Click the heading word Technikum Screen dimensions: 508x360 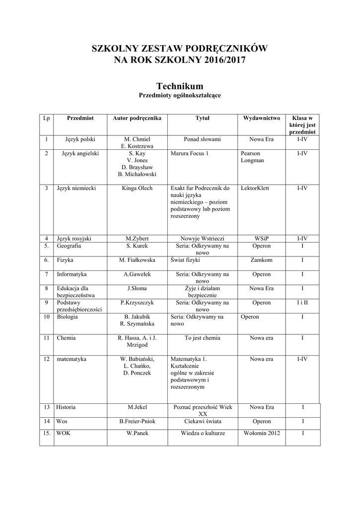point(180,86)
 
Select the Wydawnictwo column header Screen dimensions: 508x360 point(261,118)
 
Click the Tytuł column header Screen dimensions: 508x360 point(202,118)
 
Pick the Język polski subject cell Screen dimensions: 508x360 point(80,139)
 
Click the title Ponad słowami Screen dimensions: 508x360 point(202,139)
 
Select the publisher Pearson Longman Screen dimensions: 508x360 point(252,157)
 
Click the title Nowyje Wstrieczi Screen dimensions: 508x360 point(202,238)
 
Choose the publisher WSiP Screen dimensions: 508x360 point(261,238)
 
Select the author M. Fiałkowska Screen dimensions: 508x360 point(137,259)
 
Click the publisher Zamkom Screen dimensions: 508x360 point(261,259)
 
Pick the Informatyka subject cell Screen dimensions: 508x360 point(72,274)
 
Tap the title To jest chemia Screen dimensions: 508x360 point(202,338)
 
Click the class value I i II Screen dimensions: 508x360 point(302,302)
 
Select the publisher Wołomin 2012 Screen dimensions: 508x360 point(261,433)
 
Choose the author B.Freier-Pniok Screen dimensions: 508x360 point(137,421)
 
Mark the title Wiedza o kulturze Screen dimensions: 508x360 point(202,433)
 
